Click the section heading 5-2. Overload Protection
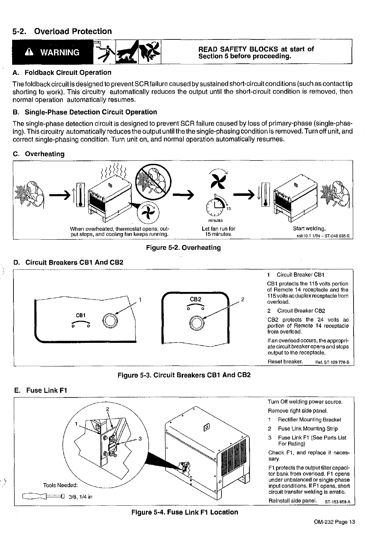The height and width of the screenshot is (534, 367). coord(62,31)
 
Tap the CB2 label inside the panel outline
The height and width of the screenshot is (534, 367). coord(195,299)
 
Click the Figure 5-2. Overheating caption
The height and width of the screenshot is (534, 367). coord(183,248)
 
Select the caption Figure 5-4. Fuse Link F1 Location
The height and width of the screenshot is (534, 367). coord(184,512)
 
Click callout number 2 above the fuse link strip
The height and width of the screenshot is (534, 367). coord(108,409)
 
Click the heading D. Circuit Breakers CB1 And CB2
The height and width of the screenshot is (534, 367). coord(68,262)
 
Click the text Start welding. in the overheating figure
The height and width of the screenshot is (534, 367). coord(309,229)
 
